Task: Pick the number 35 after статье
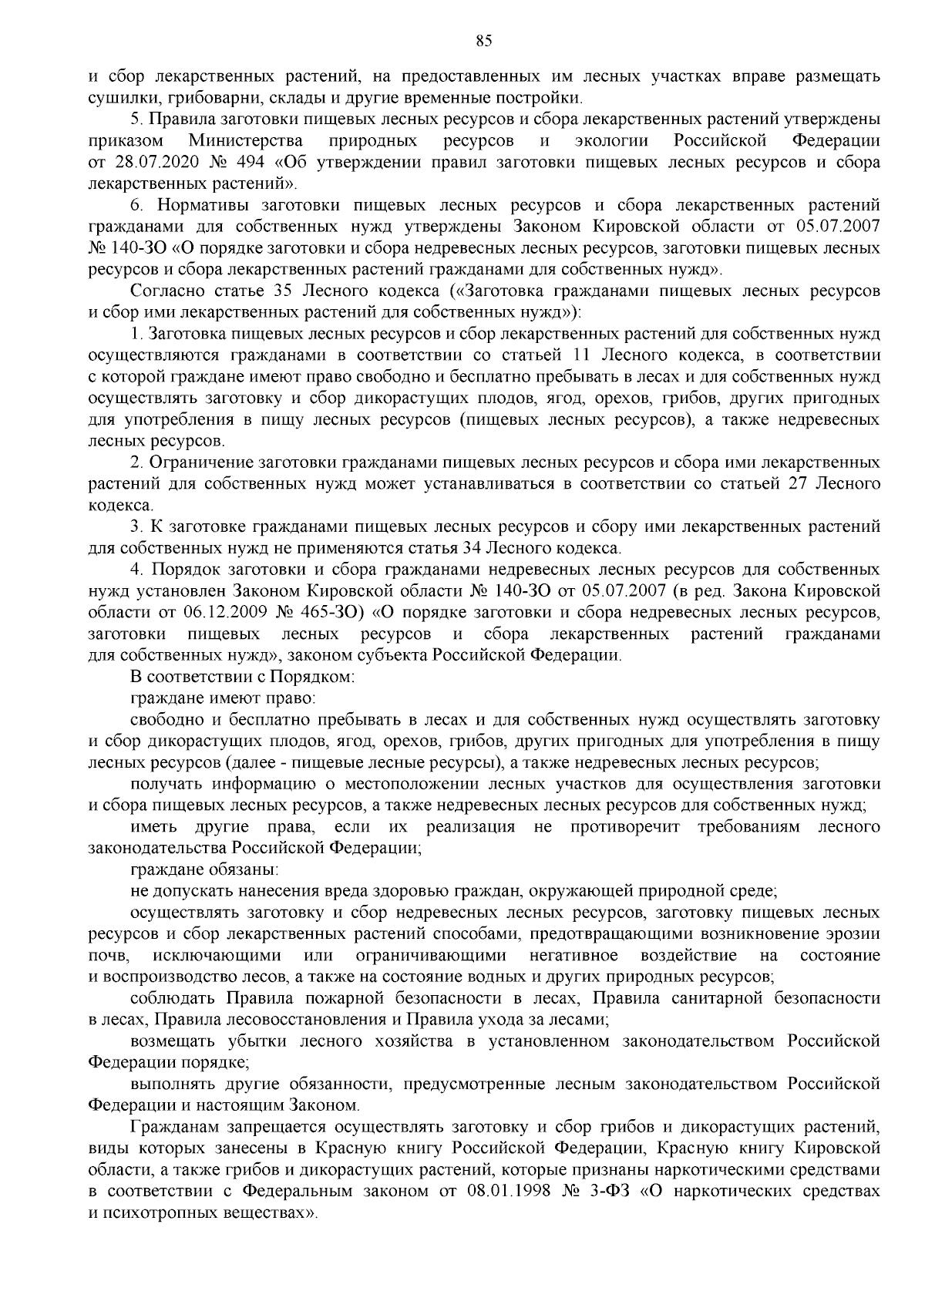pyautogui.click(x=281, y=292)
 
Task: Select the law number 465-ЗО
pyautogui.click(x=327, y=613)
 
